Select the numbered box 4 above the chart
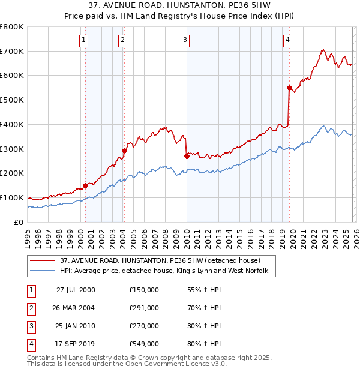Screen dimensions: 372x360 (x=288, y=40)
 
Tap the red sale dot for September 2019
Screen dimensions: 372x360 (x=289, y=88)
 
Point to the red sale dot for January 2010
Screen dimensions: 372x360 (x=187, y=156)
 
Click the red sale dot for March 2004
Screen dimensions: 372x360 (x=125, y=151)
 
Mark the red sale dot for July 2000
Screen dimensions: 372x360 (x=86, y=185)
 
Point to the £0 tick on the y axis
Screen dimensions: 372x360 (x=19, y=222)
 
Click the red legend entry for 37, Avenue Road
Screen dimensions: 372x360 (x=160, y=260)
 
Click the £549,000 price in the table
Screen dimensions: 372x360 (x=143, y=344)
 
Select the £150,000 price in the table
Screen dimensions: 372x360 (x=143, y=290)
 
